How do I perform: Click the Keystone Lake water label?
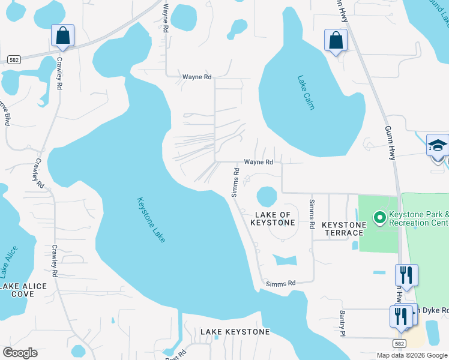tap(151, 220)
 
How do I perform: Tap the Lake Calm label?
tap(306, 92)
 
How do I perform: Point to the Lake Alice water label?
tap(11, 262)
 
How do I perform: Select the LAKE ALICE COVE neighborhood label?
tap(23, 290)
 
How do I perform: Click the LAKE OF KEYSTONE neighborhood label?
tap(273, 218)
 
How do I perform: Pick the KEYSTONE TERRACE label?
tap(344, 229)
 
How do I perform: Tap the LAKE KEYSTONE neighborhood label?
tap(235, 332)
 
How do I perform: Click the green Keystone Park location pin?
tap(379, 217)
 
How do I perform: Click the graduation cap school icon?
tap(438, 146)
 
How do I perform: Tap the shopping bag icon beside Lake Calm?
tap(336, 41)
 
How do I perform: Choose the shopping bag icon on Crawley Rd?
tap(62, 36)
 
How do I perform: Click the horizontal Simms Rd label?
tap(281, 283)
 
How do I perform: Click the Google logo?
tap(20, 353)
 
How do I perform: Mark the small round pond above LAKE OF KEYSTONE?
tap(267, 196)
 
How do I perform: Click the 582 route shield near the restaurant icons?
tap(399, 343)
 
